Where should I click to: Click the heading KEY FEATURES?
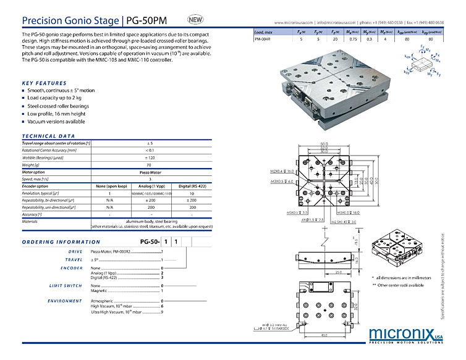coord(44,83)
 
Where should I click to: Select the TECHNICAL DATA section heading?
coord(48,136)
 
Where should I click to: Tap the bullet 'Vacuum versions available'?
coord(56,122)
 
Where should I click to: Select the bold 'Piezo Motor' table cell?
coord(150,172)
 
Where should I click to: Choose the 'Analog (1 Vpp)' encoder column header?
coord(150,186)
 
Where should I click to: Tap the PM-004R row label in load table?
coord(262,38)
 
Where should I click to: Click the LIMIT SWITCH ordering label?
coord(66,285)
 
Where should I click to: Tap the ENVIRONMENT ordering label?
coord(65,301)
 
